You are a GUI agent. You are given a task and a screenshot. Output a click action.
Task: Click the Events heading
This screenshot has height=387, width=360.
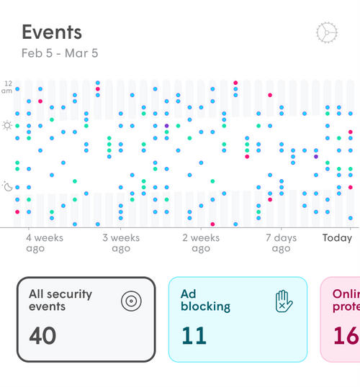pos(51,32)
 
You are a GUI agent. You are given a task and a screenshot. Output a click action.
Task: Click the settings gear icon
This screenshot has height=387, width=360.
pos(327,32)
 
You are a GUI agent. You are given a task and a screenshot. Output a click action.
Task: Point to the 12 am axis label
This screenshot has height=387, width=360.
pos(7,86)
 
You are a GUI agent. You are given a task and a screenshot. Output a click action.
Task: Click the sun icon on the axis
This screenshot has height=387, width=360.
pos(7,126)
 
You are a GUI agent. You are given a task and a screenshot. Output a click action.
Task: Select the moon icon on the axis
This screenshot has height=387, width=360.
pos(7,187)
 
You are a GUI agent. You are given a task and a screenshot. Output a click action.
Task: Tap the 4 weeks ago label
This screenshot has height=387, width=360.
pos(45,243)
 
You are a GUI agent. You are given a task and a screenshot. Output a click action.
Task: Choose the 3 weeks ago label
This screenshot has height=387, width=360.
pos(121,243)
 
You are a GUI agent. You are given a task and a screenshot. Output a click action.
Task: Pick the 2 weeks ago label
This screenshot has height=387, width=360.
pos(201,243)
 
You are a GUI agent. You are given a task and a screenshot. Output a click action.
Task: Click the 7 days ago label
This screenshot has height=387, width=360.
pos(281,243)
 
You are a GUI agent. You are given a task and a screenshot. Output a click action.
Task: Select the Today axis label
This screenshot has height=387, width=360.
pos(337,238)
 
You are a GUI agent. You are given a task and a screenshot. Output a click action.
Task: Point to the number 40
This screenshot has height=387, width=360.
pos(42,335)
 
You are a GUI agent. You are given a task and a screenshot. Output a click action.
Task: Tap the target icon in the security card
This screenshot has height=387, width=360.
pos(130,300)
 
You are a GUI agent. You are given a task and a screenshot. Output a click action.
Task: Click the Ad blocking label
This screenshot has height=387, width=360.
pos(205,300)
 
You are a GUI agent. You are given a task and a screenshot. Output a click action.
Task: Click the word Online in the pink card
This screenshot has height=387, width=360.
pos(346,293)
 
